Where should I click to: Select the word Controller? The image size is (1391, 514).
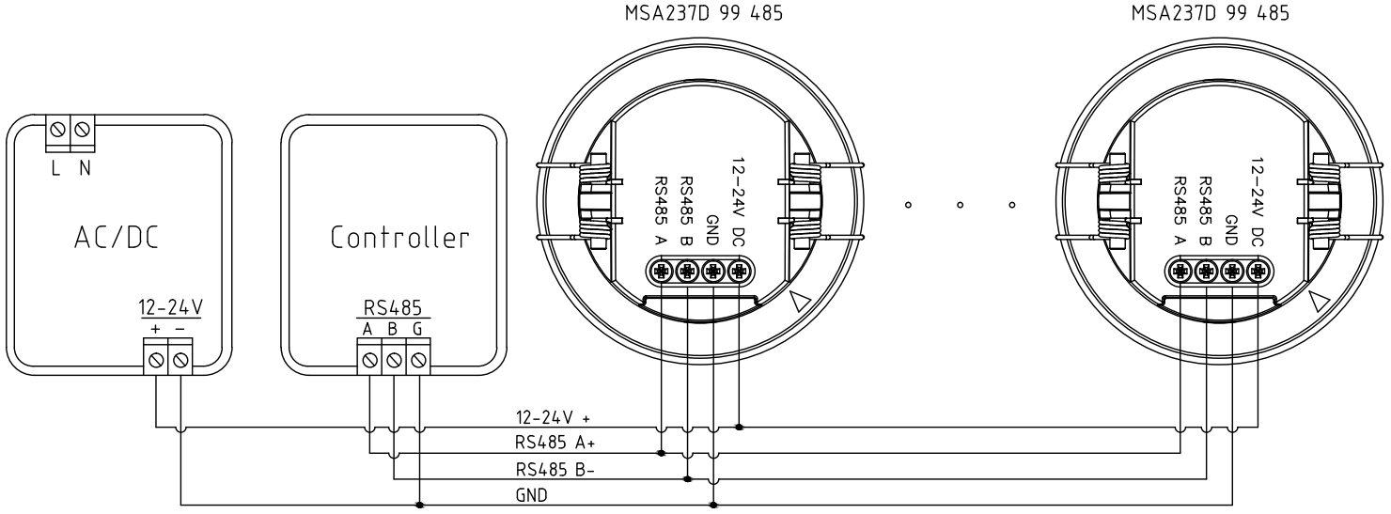pyautogui.click(x=399, y=237)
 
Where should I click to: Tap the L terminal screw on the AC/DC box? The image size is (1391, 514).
pyautogui.click(x=59, y=125)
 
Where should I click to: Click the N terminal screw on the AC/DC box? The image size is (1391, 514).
pyautogui.click(x=84, y=125)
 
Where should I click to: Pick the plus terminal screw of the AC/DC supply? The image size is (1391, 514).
pyautogui.click(x=155, y=357)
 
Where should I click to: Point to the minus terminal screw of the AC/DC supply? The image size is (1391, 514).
pyautogui.click(x=180, y=357)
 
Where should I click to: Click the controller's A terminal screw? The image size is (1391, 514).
pyautogui.click(x=369, y=357)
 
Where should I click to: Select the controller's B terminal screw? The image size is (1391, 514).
pyautogui.click(x=394, y=357)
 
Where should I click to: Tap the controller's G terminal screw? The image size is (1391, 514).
pyautogui.click(x=418, y=357)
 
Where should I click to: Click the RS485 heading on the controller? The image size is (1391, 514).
pyautogui.click(x=394, y=305)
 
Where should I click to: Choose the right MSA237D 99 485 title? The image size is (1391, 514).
pyautogui.click(x=1210, y=14)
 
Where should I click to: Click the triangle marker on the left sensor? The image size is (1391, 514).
pyautogui.click(x=801, y=302)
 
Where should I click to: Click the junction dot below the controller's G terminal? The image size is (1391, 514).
pyautogui.click(x=418, y=504)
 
